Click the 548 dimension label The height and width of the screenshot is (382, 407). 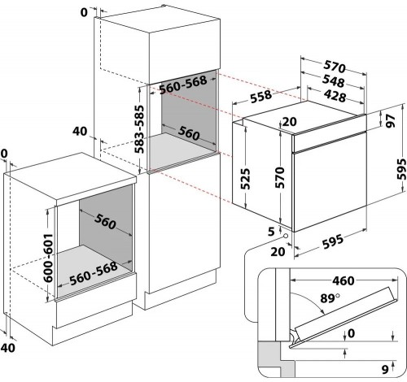click(333, 81)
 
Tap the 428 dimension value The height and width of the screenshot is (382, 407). click(335, 96)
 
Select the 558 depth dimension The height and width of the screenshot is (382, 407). click(260, 97)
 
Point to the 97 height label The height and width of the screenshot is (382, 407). click(391, 120)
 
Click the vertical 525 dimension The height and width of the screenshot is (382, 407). click(246, 179)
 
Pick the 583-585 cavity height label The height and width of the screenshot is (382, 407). click(139, 129)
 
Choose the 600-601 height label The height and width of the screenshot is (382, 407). click(48, 258)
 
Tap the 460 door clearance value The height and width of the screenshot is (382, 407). click(344, 280)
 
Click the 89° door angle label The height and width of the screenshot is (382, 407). click(330, 298)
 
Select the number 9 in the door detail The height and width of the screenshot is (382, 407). click(385, 369)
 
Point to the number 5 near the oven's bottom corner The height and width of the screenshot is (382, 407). click(271, 232)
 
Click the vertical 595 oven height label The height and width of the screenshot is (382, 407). click(401, 170)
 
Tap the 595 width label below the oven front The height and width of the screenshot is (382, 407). click(333, 241)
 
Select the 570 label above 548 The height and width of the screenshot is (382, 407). click(335, 67)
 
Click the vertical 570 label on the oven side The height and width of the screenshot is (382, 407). click(280, 178)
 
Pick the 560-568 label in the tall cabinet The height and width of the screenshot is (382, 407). click(183, 85)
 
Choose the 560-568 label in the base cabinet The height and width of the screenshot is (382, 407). click(94, 273)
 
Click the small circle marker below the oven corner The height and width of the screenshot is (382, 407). click(286, 236)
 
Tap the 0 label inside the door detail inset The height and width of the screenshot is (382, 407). click(351, 333)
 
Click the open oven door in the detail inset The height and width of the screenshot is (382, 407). click(344, 317)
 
